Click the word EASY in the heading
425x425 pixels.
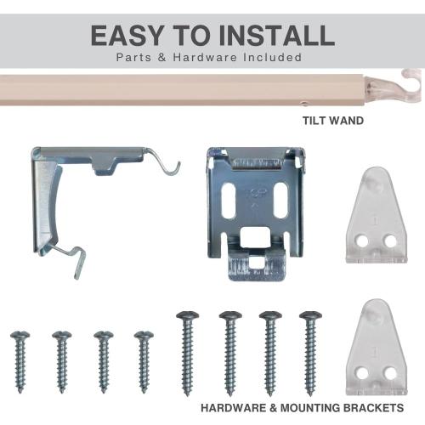pyautogui.click(x=126, y=36)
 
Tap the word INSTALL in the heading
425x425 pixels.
pyautogui.click(x=277, y=36)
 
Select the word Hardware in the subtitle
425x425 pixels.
pyautogui.click(x=205, y=57)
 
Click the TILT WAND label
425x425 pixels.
pyautogui.click(x=333, y=121)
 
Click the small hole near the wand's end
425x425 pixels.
pyautogui.click(x=305, y=103)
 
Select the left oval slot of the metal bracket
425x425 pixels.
pyautogui.click(x=229, y=201)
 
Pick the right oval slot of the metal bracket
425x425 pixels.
pyautogui.click(x=281, y=201)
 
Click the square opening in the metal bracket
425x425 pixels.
pyautogui.click(x=254, y=237)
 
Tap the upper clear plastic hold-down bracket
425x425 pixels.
pyautogui.click(x=376, y=215)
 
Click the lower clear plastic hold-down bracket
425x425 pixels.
pyautogui.click(x=376, y=347)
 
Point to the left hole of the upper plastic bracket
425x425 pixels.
pyautogui.click(x=362, y=241)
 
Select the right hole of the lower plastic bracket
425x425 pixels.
pyautogui.click(x=390, y=373)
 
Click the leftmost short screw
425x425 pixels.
pyautogui.click(x=20, y=362)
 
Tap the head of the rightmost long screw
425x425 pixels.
pyautogui.click(x=310, y=315)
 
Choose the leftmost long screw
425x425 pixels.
pyautogui.click(x=187, y=353)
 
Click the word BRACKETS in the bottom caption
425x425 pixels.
pyautogui.click(x=373, y=408)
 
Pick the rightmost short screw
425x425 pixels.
pyautogui.click(x=144, y=362)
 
